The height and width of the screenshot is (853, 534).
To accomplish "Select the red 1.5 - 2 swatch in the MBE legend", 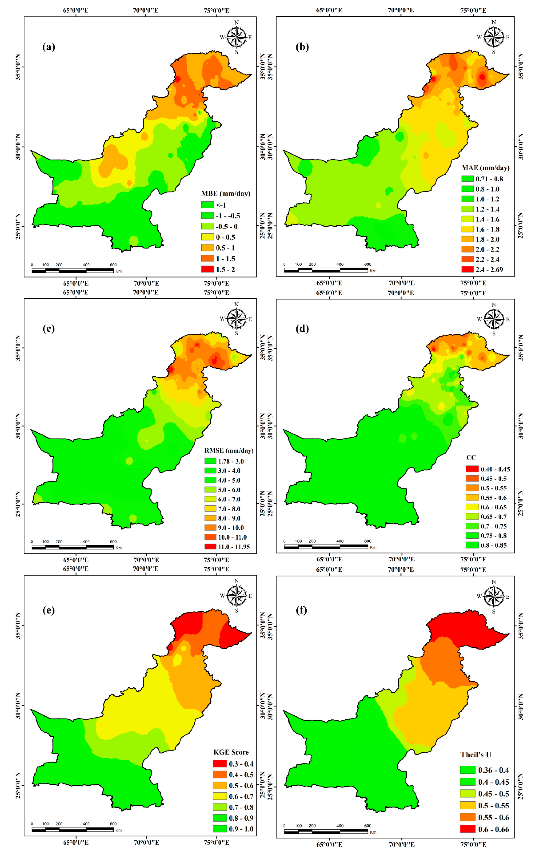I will [208, 269].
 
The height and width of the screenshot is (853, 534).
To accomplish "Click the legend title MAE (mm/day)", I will [486, 168].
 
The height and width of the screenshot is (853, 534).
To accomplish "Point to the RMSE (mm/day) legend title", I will [229, 451].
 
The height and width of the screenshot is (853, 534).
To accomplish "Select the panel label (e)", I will [49, 610].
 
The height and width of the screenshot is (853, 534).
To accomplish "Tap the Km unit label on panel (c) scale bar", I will [119, 548].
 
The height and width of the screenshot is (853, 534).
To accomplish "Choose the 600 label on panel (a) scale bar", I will [113, 265].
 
